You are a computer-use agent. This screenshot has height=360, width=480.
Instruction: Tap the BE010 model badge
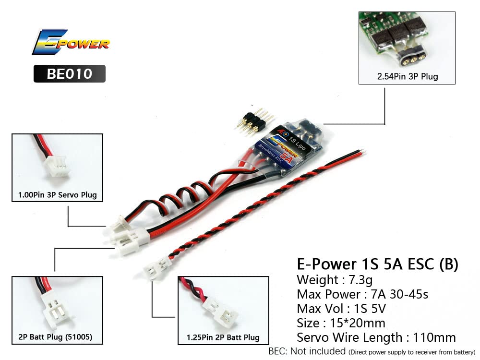coord(69,74)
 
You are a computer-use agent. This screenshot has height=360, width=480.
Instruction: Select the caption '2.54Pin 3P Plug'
coord(407,76)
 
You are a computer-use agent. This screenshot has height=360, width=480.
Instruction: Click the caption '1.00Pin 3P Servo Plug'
coord(57,195)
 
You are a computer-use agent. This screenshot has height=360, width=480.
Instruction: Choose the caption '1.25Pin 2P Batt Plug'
coord(223,337)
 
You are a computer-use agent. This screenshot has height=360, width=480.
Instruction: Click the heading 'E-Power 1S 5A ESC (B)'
coord(378,264)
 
